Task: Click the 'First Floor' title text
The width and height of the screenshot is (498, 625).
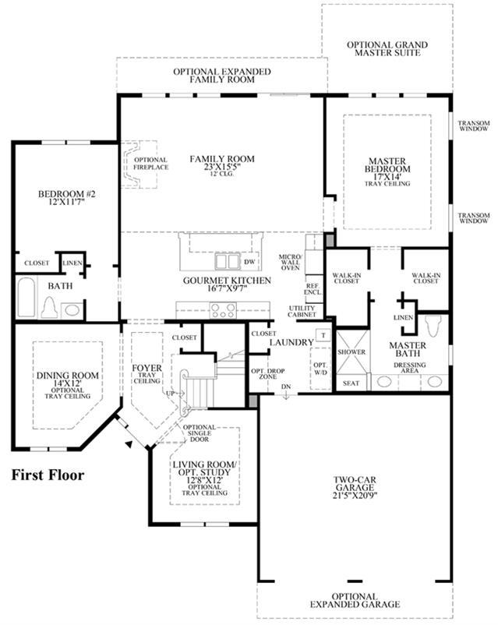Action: click(48, 475)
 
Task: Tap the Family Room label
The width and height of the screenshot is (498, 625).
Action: click(222, 159)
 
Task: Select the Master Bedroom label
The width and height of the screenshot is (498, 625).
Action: click(387, 165)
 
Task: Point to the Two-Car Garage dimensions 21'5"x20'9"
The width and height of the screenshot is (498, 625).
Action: click(355, 496)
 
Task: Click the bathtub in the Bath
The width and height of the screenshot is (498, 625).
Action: click(26, 298)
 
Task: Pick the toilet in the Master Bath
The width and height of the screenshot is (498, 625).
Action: click(433, 327)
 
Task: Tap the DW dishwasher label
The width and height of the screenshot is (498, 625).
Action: click(249, 262)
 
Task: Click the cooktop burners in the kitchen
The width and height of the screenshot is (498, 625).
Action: click(223, 310)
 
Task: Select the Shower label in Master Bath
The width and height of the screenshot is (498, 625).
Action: click(351, 352)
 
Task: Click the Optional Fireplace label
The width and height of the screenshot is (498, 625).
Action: click(150, 164)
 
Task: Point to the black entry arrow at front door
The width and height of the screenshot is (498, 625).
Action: click(128, 444)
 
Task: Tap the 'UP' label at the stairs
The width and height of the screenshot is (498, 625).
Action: click(171, 393)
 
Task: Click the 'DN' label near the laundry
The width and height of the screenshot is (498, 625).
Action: click(286, 387)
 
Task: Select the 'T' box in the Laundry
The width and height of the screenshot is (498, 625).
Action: click(323, 335)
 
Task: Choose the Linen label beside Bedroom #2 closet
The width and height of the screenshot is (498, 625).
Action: click(72, 263)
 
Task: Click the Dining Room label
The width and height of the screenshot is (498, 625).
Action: click(67, 376)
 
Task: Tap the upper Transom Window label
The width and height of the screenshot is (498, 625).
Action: click(474, 126)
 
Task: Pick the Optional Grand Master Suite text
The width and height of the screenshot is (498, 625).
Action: click(387, 48)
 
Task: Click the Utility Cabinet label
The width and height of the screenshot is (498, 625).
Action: click(302, 311)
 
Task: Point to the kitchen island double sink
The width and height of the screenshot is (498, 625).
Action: click(228, 262)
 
